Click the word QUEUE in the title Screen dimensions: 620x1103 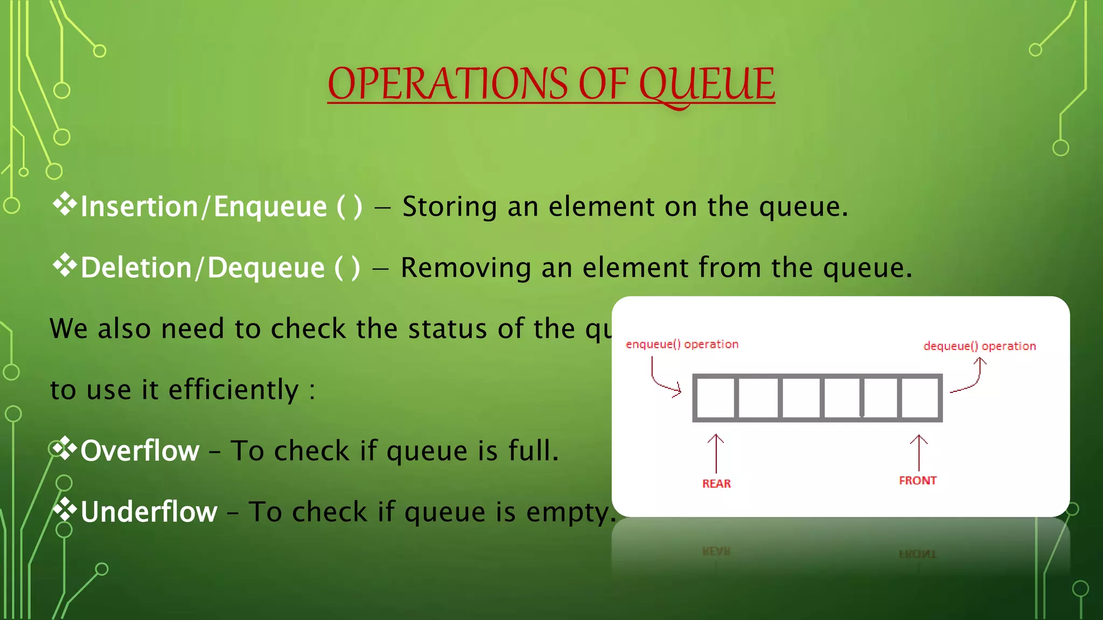(707, 84)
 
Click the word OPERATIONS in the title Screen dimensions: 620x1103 (448, 84)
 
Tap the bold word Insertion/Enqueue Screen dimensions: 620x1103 (204, 207)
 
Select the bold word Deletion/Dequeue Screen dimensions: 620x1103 (203, 268)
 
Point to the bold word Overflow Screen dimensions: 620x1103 (140, 450)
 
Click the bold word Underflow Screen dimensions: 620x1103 (149, 512)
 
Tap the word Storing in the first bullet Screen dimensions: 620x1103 (450, 207)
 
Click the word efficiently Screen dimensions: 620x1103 (233, 390)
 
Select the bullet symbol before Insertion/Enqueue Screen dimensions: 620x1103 (65, 204)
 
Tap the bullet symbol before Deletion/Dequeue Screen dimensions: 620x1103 (65, 265)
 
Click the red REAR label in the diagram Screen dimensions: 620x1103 (716, 483)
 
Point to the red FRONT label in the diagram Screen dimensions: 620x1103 (918, 480)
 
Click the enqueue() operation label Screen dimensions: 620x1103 (682, 344)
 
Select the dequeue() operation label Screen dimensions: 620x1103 (980, 346)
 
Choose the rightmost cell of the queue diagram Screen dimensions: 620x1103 (919, 398)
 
